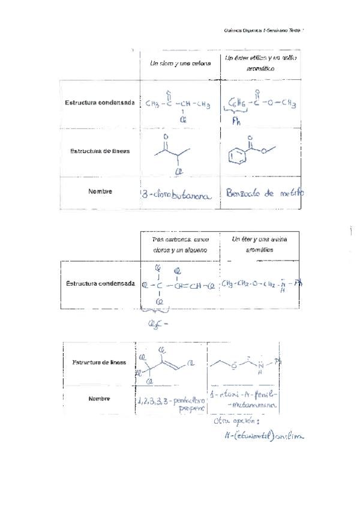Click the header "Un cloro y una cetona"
coord(180,64)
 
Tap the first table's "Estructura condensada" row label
coord(100,103)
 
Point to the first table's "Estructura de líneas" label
coord(100,151)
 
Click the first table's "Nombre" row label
coord(100,192)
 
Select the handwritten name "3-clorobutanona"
coord(178,194)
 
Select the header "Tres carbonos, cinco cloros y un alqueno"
coord(180,244)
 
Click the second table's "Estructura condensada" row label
coord(100,283)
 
